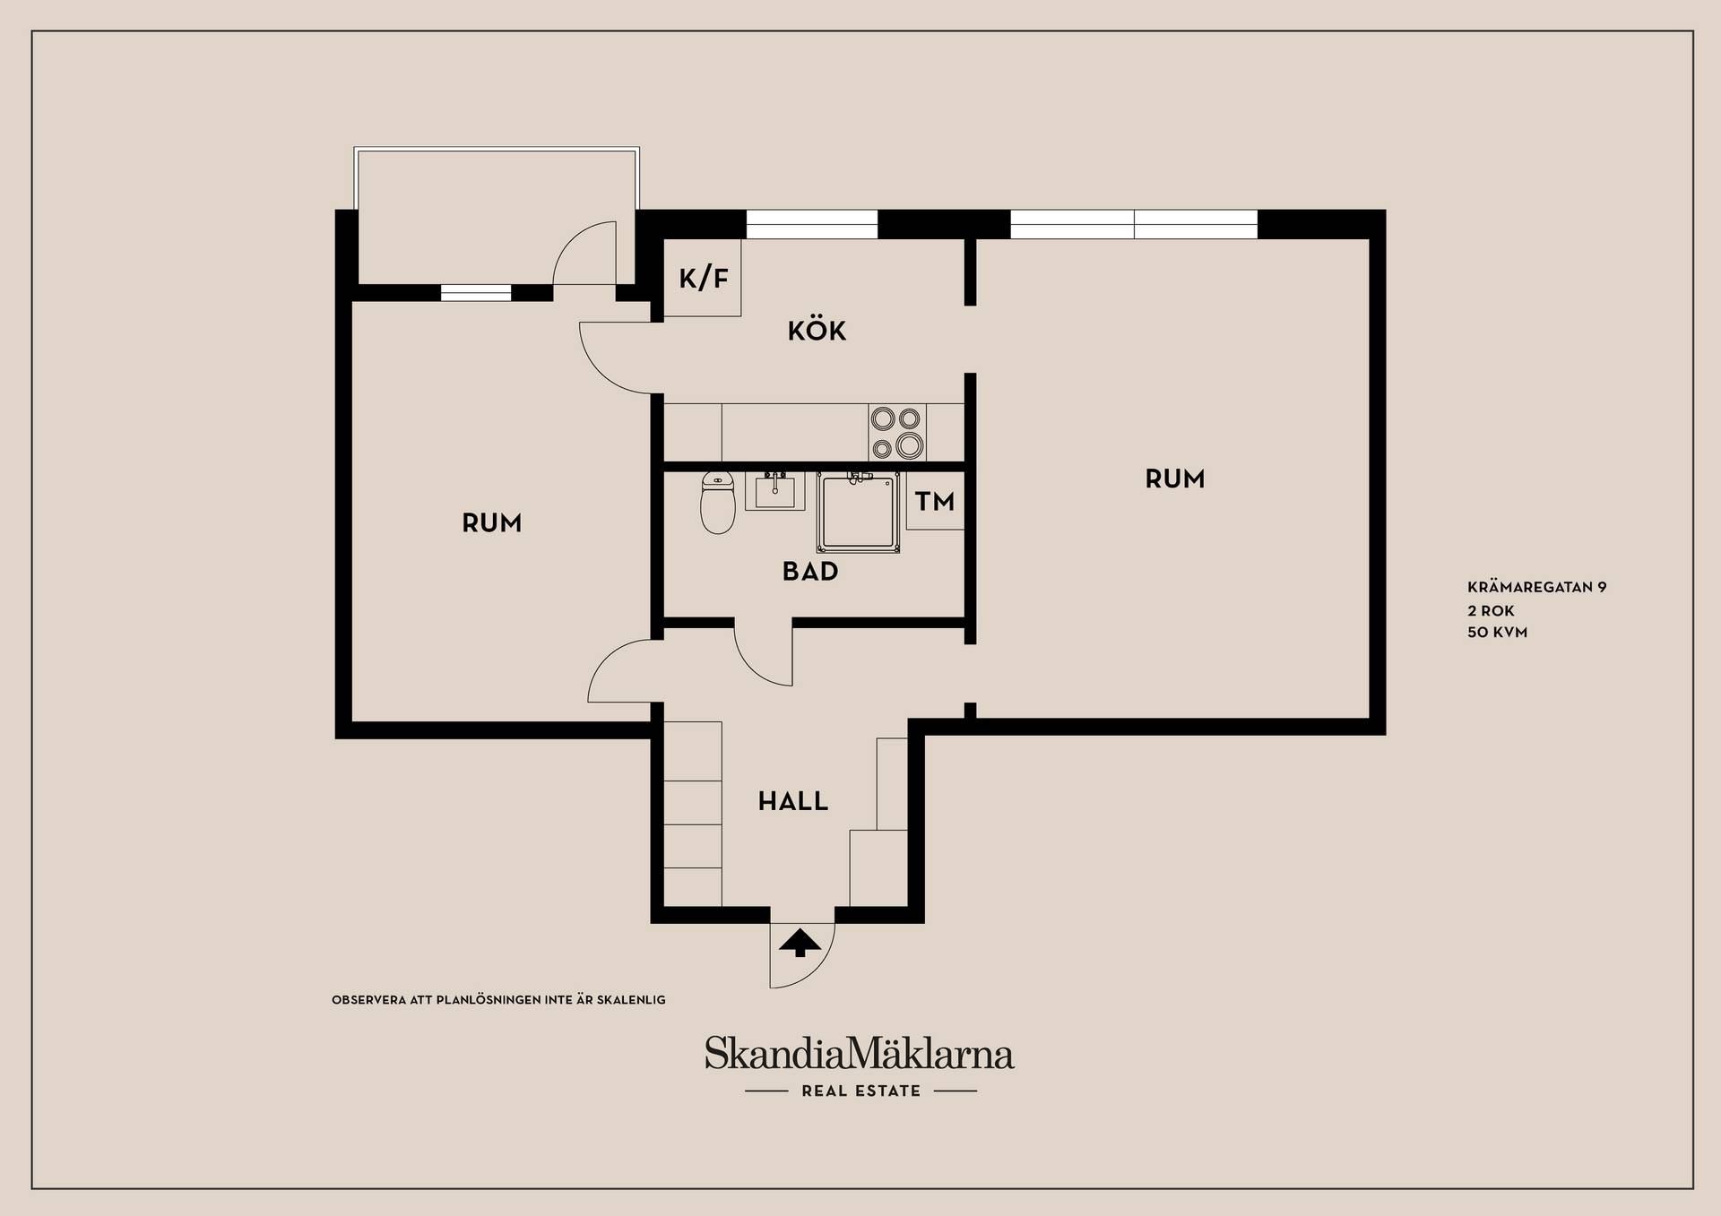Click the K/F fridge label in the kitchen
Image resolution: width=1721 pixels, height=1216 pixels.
(704, 279)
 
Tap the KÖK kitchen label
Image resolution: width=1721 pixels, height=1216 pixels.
(817, 331)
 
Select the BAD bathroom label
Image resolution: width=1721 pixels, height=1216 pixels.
(810, 572)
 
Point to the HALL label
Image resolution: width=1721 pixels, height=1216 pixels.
(793, 801)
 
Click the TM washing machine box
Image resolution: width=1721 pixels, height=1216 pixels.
(935, 501)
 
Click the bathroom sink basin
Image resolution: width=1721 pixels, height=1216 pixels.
(774, 491)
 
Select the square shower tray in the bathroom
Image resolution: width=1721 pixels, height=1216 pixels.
(858, 513)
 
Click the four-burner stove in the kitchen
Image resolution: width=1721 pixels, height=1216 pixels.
(897, 432)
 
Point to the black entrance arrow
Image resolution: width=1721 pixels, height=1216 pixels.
(800, 944)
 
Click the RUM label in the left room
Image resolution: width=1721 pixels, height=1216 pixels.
(491, 523)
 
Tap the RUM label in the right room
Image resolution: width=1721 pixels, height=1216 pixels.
(1175, 479)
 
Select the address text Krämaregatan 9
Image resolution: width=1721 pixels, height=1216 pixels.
(1537, 588)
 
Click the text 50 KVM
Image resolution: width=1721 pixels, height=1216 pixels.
(1498, 633)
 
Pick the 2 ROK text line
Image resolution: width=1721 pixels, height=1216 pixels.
(1491, 611)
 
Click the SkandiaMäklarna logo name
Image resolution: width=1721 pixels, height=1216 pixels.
(860, 1054)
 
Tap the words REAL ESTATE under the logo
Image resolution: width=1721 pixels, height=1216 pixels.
(861, 1091)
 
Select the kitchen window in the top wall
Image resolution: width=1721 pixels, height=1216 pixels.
(812, 224)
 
